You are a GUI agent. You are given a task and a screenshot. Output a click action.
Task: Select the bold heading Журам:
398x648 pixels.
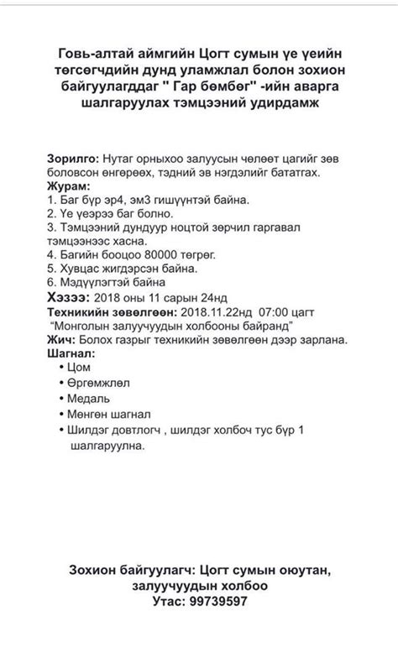(x=60, y=187)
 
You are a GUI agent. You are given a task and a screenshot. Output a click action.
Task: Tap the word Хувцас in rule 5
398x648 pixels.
(x=76, y=269)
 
